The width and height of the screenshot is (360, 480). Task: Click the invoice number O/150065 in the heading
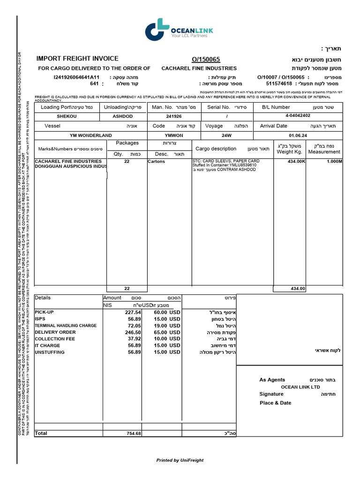[206, 60]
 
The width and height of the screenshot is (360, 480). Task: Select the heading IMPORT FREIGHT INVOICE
[77, 59]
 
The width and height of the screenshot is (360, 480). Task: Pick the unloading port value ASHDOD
[122, 116]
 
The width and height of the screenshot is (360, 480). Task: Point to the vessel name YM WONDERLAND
[91, 135]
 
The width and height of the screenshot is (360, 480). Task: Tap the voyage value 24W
[226, 135]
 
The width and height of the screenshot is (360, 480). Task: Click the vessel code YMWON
[174, 135]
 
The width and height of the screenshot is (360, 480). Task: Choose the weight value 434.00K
[296, 161]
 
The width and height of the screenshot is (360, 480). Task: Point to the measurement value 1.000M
[334, 161]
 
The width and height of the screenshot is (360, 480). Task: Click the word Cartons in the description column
[156, 161]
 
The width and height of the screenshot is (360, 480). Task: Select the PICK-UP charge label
[45, 312]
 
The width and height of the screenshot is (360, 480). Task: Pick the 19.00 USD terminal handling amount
[167, 325]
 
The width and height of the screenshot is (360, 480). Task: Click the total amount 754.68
[134, 434]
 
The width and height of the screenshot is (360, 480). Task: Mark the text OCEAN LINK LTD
[300, 387]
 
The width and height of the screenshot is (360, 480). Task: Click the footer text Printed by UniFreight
[180, 460]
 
